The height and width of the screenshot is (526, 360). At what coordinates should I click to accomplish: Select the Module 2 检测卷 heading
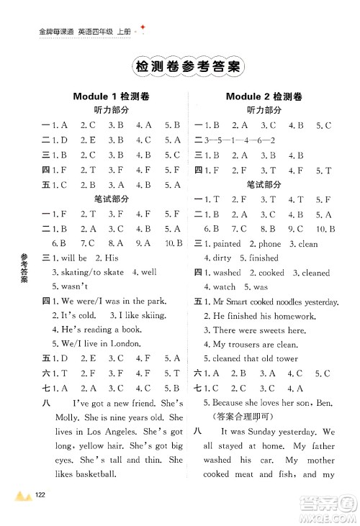pyautogui.click(x=264, y=97)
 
